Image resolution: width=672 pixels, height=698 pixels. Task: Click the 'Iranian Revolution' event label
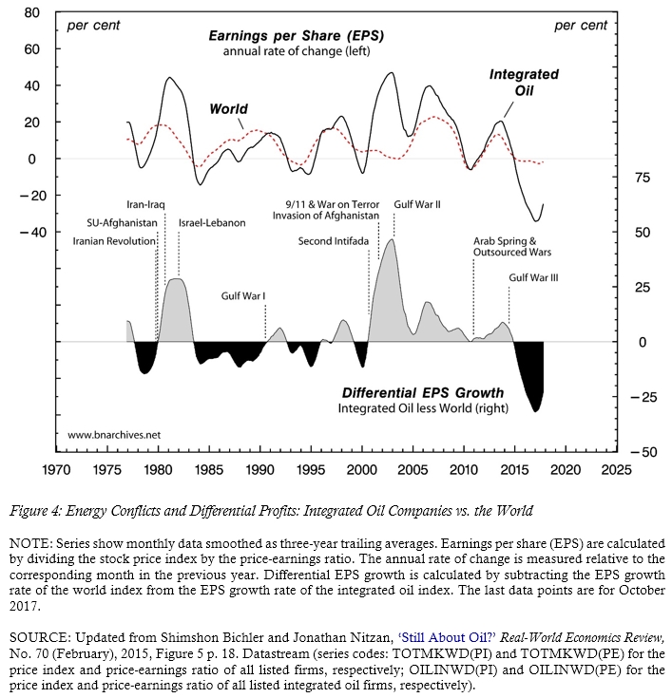(114, 241)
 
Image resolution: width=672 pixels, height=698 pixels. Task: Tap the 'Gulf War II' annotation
(416, 204)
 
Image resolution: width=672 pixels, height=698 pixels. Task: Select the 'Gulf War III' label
(533, 277)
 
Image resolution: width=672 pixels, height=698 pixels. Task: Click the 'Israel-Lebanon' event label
(212, 222)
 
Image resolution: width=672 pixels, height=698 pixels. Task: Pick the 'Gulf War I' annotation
(243, 296)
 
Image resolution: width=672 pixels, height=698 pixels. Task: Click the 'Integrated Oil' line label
(524, 82)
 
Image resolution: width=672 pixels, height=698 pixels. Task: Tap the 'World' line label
(228, 109)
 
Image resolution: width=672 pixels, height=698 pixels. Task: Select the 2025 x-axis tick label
(617, 469)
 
